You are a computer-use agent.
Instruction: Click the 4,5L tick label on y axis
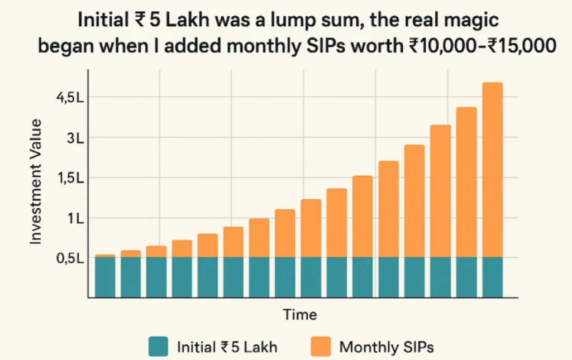[70, 98]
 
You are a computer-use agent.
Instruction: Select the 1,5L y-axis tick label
[70, 178]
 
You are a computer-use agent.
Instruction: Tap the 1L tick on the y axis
[75, 218]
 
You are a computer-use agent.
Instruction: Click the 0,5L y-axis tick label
[70, 258]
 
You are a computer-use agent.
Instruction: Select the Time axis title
[300, 314]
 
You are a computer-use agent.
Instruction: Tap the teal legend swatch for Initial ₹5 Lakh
[158, 347]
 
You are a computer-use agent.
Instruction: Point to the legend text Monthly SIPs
[387, 347]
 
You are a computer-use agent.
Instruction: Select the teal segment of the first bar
[105, 277]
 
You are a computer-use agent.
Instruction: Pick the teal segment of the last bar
[492, 277]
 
